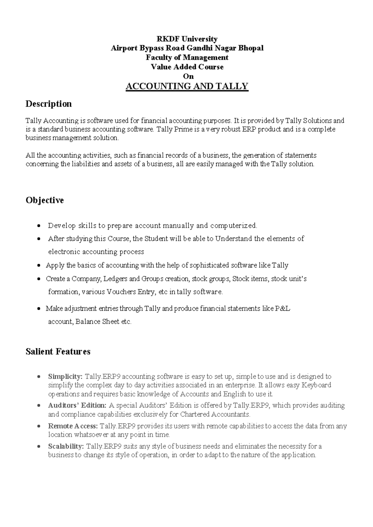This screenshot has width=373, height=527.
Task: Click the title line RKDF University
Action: [x=186, y=39]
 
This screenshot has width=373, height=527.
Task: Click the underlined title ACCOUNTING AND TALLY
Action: [x=186, y=86]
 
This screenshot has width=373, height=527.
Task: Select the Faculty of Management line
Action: [x=187, y=57]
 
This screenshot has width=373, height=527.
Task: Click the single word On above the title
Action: [x=188, y=76]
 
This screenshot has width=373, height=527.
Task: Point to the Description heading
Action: [x=48, y=104]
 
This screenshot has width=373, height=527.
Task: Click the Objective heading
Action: [x=44, y=200]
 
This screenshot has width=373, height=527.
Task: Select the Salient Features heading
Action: [x=58, y=351]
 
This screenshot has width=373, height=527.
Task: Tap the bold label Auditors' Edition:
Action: [x=77, y=406]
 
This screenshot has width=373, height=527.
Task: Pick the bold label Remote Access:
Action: [x=73, y=426]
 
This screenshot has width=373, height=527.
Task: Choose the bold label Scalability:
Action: [x=66, y=447]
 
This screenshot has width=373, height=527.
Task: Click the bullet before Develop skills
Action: [x=38, y=226]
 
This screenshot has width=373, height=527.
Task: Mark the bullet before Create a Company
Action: [x=38, y=279]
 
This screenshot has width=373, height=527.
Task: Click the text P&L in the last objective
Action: [x=283, y=309]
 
